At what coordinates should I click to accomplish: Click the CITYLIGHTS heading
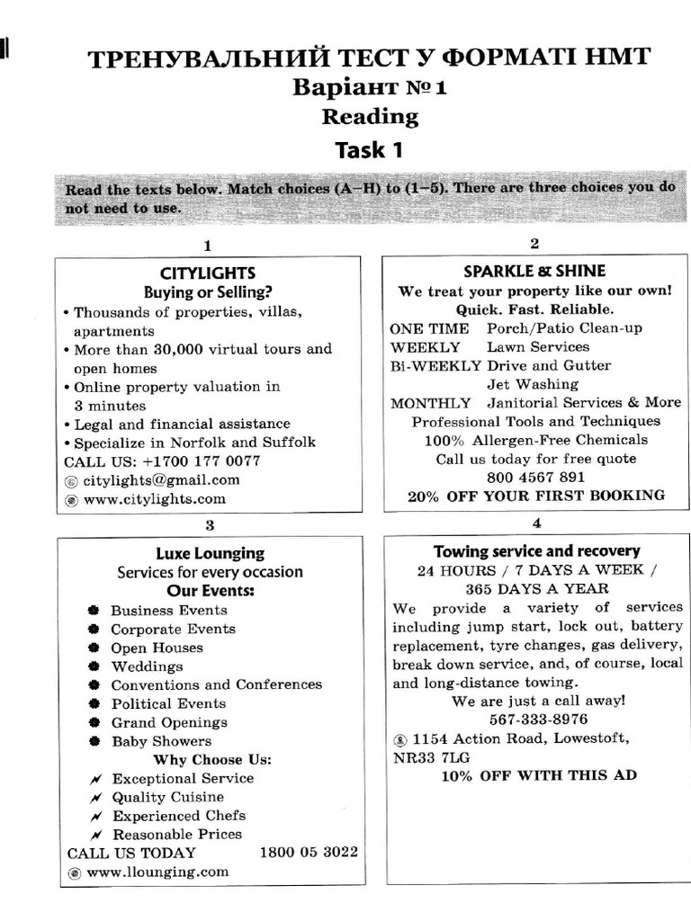click(x=208, y=273)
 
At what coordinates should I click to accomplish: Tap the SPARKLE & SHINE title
click(x=534, y=271)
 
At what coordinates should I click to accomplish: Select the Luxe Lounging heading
click(x=210, y=553)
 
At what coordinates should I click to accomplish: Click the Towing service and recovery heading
click(x=536, y=550)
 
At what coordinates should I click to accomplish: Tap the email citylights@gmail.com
click(x=161, y=479)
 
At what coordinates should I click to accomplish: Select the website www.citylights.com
click(x=154, y=498)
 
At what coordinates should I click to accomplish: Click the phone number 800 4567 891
click(x=535, y=477)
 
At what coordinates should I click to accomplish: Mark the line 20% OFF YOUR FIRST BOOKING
click(x=536, y=496)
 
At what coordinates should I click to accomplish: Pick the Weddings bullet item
click(x=147, y=666)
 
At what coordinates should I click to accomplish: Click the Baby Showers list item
click(x=161, y=741)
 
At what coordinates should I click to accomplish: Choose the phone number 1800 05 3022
click(x=309, y=852)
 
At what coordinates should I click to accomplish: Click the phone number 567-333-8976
click(x=538, y=719)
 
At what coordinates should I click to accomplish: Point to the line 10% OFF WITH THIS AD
click(x=538, y=775)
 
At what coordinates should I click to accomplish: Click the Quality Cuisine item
click(x=167, y=797)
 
